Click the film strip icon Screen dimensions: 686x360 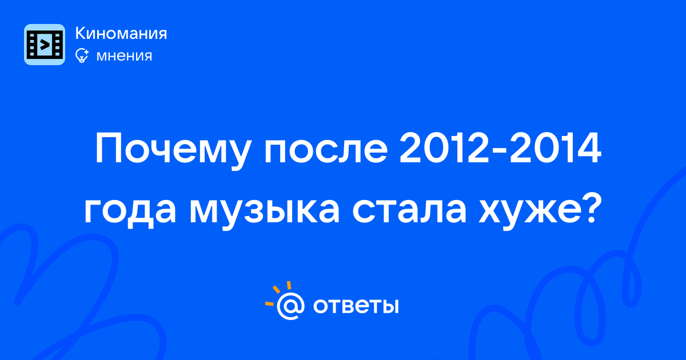[45, 45]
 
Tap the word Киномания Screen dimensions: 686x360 [121, 33]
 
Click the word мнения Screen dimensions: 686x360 [124, 56]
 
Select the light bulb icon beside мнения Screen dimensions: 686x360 [82, 56]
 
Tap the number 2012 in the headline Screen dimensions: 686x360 [444, 148]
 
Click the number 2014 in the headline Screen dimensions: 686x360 [555, 148]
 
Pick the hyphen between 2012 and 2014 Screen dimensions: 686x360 [499, 151]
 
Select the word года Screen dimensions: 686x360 [130, 211]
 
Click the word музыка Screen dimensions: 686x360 [264, 211]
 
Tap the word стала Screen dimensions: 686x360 [409, 211]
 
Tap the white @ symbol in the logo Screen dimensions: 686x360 [290, 306]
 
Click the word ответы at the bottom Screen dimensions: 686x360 [356, 306]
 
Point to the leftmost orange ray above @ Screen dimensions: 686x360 [269, 303]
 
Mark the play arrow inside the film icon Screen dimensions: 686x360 [45, 45]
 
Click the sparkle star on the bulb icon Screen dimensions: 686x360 [86, 52]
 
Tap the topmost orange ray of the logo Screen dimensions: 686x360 [289, 285]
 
